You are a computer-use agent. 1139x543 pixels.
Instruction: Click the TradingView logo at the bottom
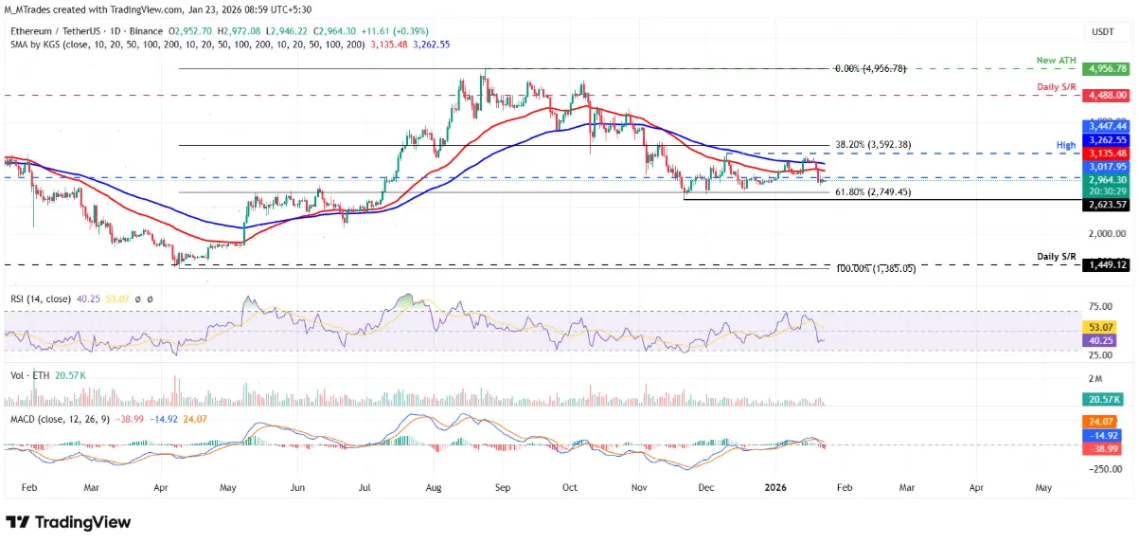[x=68, y=522]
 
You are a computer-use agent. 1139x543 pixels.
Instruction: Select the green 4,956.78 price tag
[x=1106, y=69]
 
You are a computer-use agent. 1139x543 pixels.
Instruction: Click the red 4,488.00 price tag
[x=1106, y=96]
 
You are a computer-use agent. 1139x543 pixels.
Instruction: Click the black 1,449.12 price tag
[x=1106, y=265]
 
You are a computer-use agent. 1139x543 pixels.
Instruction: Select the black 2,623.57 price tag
[x=1106, y=203]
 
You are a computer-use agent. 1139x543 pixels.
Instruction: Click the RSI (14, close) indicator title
[x=40, y=299]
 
